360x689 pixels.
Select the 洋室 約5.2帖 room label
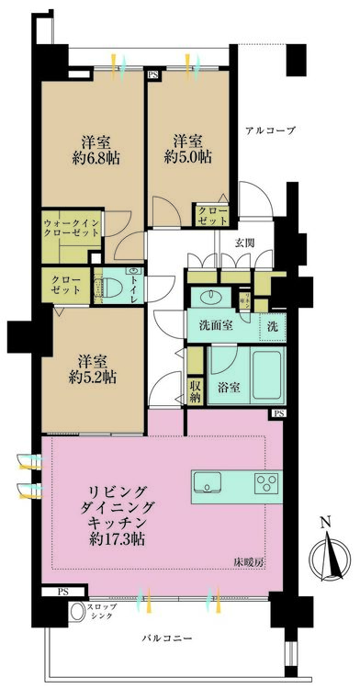[89, 367]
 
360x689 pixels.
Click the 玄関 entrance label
[244, 243]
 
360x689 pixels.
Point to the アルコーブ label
[270, 131]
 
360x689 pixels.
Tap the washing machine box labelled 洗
[274, 325]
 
